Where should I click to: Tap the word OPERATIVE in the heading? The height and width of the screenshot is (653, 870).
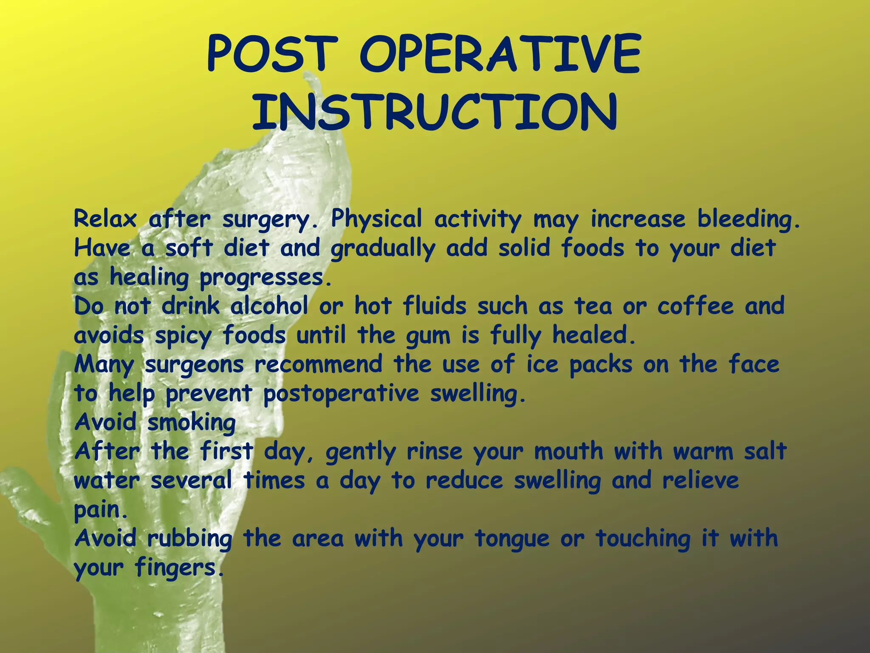[x=500, y=54]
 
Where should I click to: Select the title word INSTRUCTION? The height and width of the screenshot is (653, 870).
[x=434, y=111]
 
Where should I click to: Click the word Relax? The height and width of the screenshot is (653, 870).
[x=105, y=219]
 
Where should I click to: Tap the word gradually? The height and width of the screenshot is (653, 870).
[x=383, y=249]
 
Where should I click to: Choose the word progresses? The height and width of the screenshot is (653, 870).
[x=265, y=278]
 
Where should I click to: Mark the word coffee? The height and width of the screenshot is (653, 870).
[x=695, y=306]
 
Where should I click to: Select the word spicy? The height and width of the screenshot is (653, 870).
[x=183, y=336]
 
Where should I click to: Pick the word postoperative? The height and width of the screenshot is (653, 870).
[x=341, y=394]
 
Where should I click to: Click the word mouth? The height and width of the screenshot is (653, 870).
[x=568, y=451]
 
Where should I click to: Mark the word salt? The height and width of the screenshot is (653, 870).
[x=765, y=451]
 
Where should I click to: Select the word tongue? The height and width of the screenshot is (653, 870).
[x=512, y=539]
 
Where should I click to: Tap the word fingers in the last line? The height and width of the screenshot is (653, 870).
[x=178, y=568]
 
